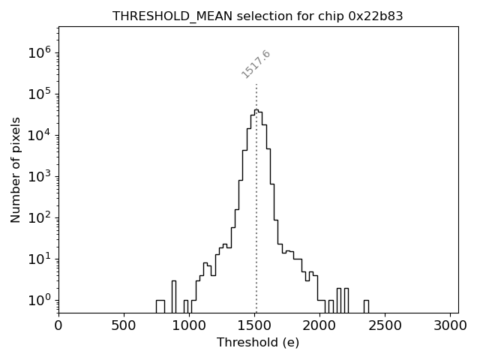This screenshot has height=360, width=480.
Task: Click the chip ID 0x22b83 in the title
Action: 370,16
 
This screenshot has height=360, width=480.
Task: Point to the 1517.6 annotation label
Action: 256,64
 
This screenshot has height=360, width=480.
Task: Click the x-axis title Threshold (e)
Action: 258,343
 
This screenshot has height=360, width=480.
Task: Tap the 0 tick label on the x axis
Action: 58,325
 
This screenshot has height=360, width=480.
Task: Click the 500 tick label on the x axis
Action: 124,325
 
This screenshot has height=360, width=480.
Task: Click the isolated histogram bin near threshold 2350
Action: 366,306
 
